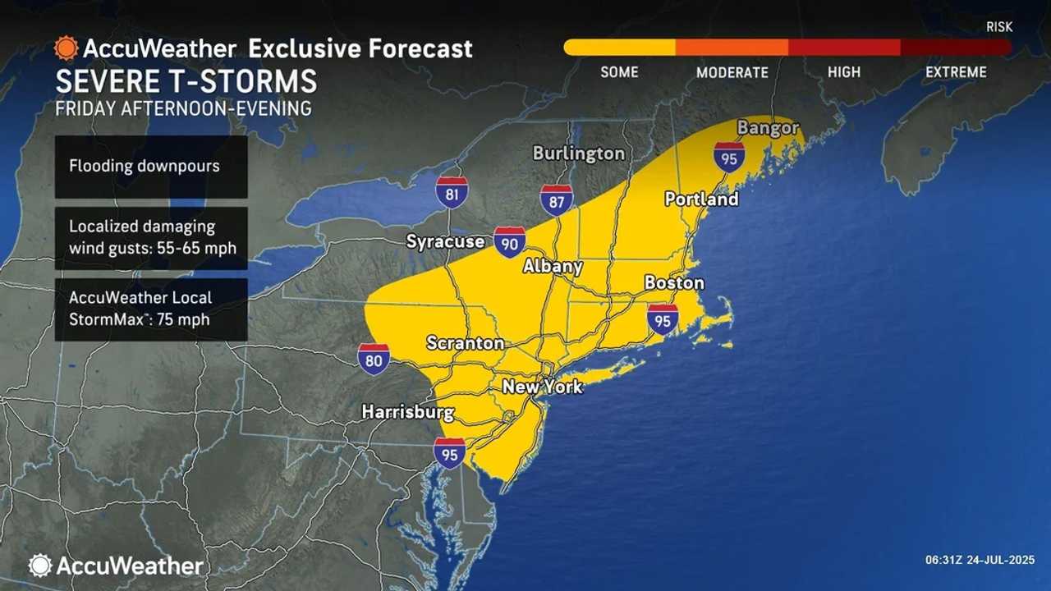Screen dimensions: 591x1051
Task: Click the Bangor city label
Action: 768,127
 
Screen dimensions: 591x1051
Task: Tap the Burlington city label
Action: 578,153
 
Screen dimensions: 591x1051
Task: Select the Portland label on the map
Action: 701,199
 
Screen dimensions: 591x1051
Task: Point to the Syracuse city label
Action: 445,241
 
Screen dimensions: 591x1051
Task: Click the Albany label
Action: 553,266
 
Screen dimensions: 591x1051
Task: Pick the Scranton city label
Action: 465,342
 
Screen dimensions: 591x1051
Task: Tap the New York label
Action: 542,386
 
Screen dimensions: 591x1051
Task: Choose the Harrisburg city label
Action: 408,411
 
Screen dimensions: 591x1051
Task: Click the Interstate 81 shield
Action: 452,191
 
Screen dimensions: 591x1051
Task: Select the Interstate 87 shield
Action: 557,200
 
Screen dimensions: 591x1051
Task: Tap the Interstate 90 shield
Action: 510,243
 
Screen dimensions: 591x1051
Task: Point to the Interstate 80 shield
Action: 374,360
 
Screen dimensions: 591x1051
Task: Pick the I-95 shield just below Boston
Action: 663,318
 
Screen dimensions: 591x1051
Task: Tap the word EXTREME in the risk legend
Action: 956,72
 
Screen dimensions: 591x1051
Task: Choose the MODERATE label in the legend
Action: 732,72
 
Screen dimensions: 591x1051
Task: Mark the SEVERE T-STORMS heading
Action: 186,81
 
